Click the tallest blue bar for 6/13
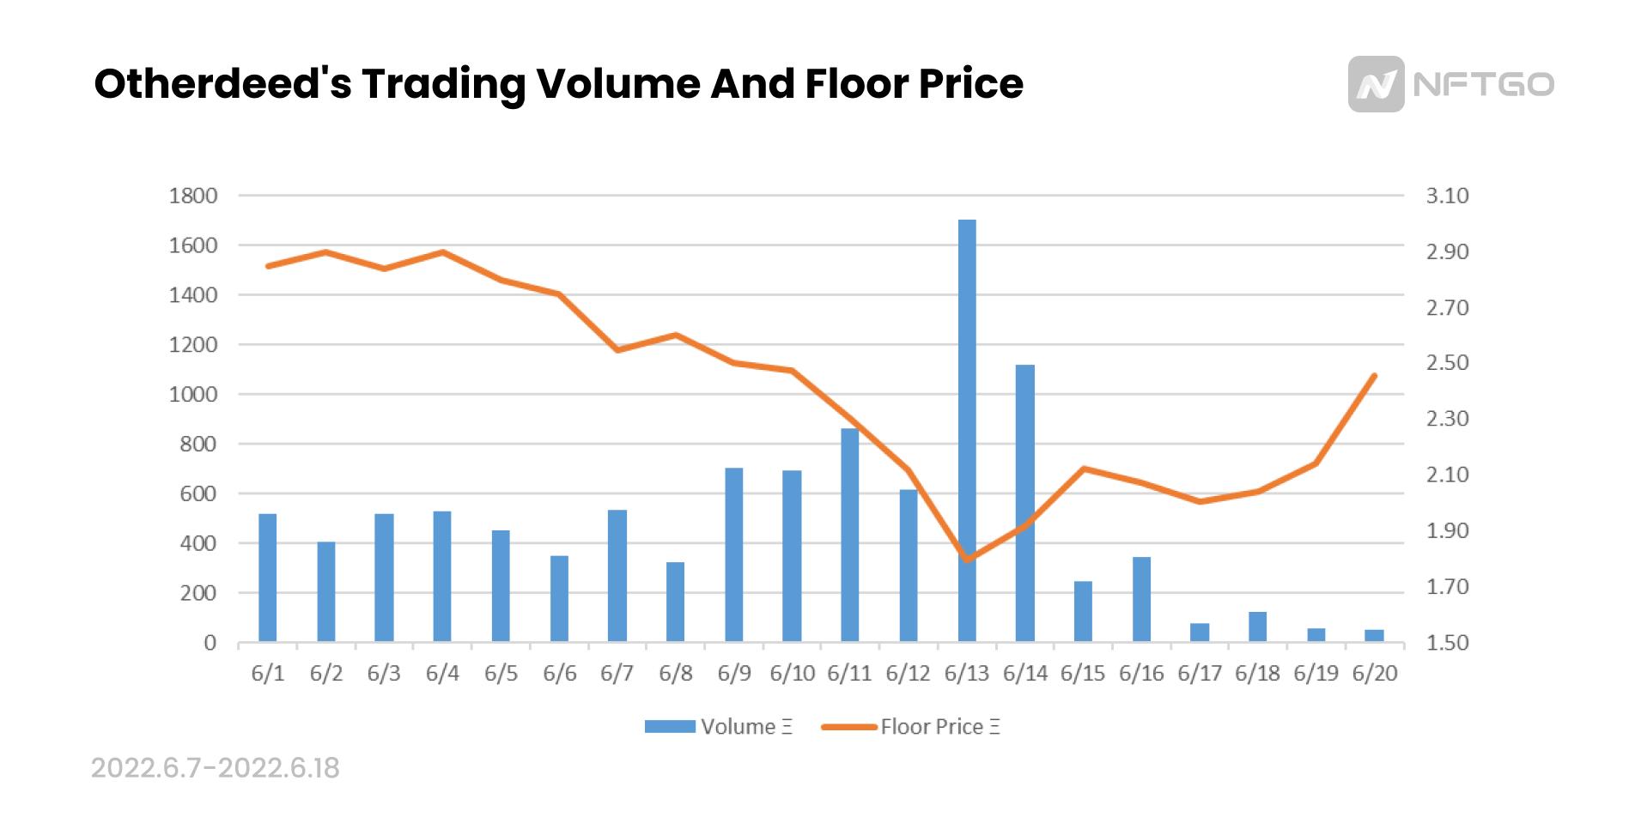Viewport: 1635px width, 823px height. click(967, 429)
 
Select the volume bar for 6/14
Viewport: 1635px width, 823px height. click(1024, 502)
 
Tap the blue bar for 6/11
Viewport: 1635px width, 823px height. click(849, 534)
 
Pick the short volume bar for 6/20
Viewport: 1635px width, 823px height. click(1374, 636)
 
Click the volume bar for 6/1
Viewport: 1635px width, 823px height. click(267, 577)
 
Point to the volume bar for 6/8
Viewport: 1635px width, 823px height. click(675, 602)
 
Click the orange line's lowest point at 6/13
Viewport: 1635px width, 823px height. click(968, 560)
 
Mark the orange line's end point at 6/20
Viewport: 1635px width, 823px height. click(1375, 376)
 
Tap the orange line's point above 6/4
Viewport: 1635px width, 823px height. click(442, 252)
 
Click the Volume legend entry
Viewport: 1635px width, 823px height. click(720, 727)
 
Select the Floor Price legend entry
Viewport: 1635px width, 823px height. click(912, 727)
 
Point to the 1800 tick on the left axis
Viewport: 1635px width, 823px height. click(193, 196)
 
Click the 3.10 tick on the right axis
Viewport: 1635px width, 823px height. click(1447, 196)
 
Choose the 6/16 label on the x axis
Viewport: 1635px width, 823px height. click(1141, 674)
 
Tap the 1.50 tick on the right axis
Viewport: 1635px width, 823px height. click(1447, 643)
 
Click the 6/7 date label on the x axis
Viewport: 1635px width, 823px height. click(617, 674)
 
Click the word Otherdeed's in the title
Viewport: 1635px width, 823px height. click(222, 84)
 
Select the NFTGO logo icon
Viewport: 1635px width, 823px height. click(1376, 84)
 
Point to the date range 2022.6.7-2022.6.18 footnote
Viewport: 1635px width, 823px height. click(216, 768)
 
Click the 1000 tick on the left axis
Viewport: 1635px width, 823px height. click(193, 395)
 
